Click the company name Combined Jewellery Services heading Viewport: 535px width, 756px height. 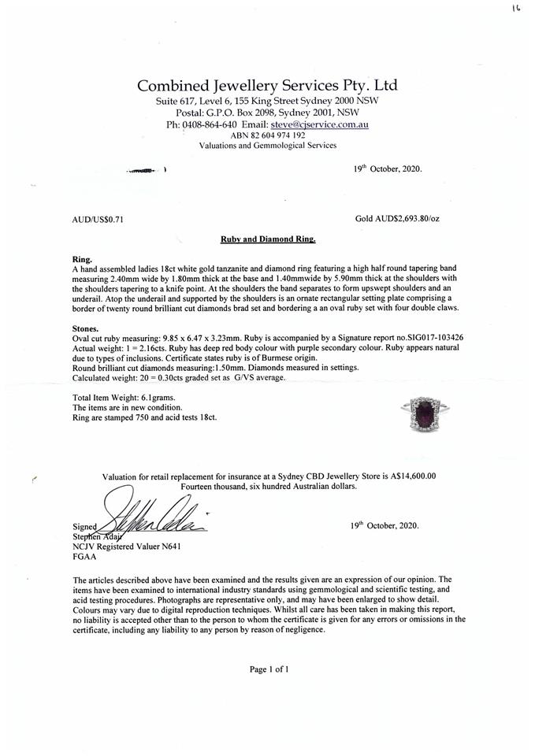point(267,85)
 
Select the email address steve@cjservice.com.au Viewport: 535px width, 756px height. point(319,124)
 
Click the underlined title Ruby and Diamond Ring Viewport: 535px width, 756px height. point(267,237)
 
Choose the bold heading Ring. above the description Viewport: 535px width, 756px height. point(81,258)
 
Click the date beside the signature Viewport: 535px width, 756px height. point(384,525)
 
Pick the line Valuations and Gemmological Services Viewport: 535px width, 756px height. point(267,146)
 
